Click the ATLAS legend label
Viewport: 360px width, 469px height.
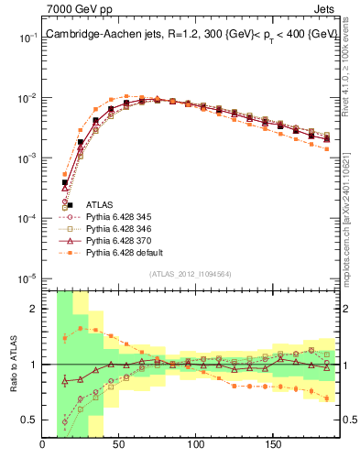click(100, 203)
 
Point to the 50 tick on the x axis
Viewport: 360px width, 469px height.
click(119, 445)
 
